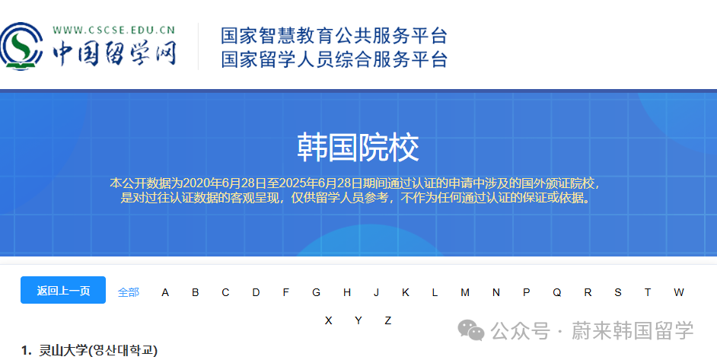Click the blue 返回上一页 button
(x=63, y=291)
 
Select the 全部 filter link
(x=129, y=292)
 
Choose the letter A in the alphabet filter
(x=165, y=292)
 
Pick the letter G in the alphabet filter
(x=316, y=292)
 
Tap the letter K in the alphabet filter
(x=406, y=292)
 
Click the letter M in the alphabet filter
(x=465, y=292)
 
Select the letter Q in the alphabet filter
(x=557, y=292)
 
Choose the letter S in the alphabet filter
(x=618, y=292)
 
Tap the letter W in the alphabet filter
(x=678, y=292)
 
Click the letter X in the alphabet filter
(x=328, y=320)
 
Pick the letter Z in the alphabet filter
(x=387, y=320)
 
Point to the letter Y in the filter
(x=358, y=320)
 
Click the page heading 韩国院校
(x=358, y=148)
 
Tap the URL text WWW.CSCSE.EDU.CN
(x=114, y=30)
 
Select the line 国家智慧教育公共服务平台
(x=334, y=36)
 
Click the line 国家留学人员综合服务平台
(x=334, y=59)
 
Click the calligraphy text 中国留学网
(x=114, y=53)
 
